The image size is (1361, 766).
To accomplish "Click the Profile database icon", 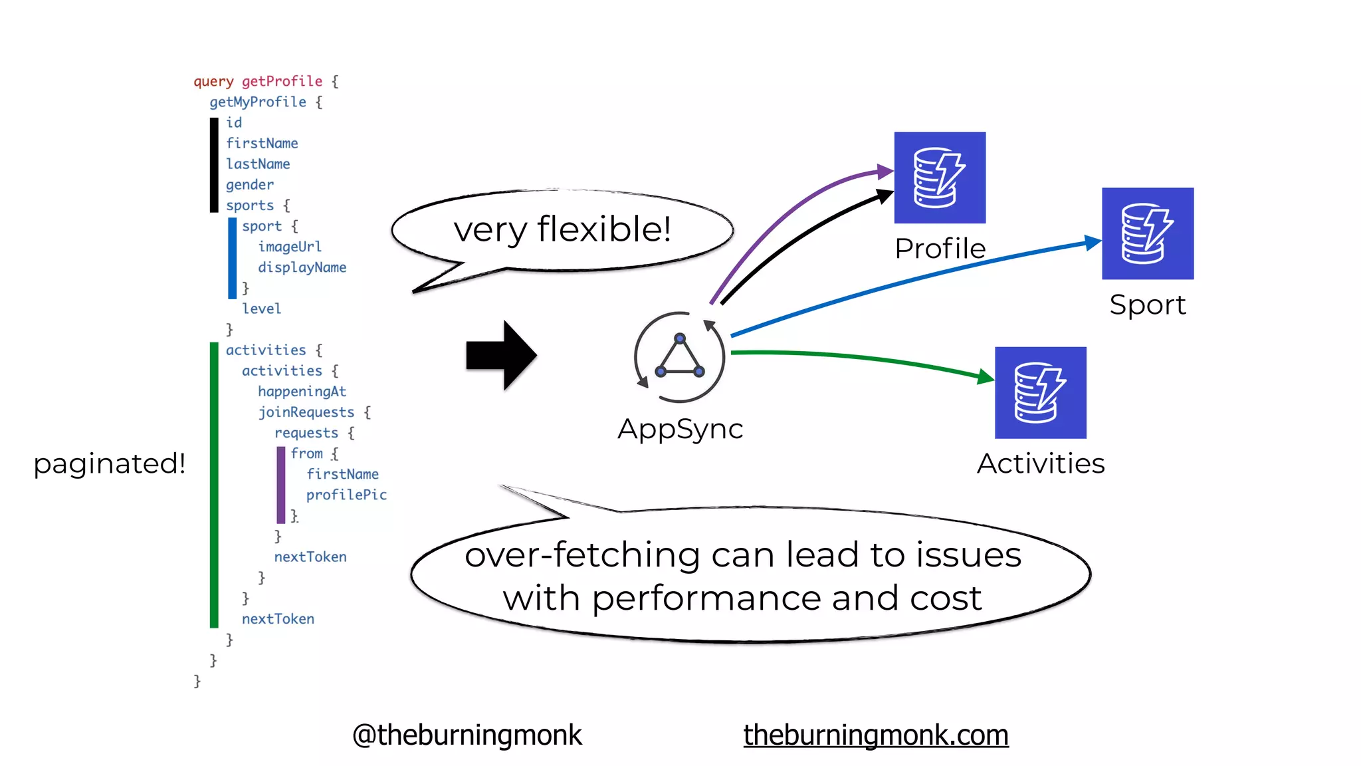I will point(939,177).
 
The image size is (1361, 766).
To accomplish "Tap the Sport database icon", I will point(1147,233).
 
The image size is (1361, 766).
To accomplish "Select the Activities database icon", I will point(1040,392).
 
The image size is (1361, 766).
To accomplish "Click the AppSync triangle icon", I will point(679,357).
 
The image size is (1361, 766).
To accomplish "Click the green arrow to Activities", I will point(864,359).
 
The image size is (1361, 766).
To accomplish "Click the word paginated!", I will point(109,463).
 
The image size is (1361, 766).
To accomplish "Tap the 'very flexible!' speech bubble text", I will point(562,229).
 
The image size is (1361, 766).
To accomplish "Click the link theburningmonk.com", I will point(875,735).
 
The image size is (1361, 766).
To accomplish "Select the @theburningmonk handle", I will point(467,735).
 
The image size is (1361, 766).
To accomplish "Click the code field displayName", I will point(302,267).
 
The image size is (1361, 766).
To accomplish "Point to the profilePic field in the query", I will point(346,495).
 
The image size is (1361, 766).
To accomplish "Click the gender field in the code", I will point(249,185).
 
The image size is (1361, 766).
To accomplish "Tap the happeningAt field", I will point(302,392).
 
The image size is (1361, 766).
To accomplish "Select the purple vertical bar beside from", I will point(280,485).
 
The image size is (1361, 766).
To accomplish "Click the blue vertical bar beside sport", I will point(232,258).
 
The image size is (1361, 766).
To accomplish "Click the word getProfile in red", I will point(282,81).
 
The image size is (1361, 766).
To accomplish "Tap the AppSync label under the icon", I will point(680,429).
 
